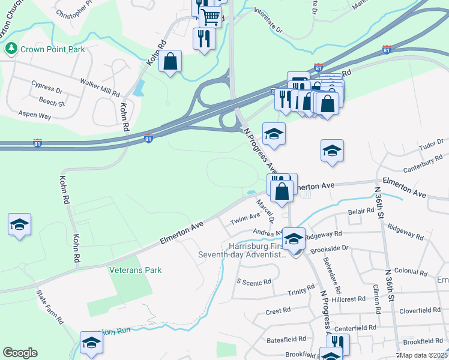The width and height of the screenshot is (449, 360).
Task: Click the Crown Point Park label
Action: pyautogui.click(x=52, y=49)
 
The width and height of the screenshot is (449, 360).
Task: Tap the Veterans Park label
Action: pyautogui.click(x=135, y=270)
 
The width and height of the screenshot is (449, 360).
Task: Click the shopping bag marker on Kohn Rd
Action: pyautogui.click(x=170, y=61)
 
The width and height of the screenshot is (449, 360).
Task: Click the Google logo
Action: pyautogui.click(x=20, y=352)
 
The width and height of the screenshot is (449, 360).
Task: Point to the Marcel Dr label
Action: pyautogui.click(x=264, y=211)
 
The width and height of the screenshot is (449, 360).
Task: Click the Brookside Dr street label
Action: pyautogui.click(x=327, y=247)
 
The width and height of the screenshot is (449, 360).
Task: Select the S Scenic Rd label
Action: pyautogui.click(x=254, y=281)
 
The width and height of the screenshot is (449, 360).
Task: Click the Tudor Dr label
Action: pyautogui.click(x=431, y=145)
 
